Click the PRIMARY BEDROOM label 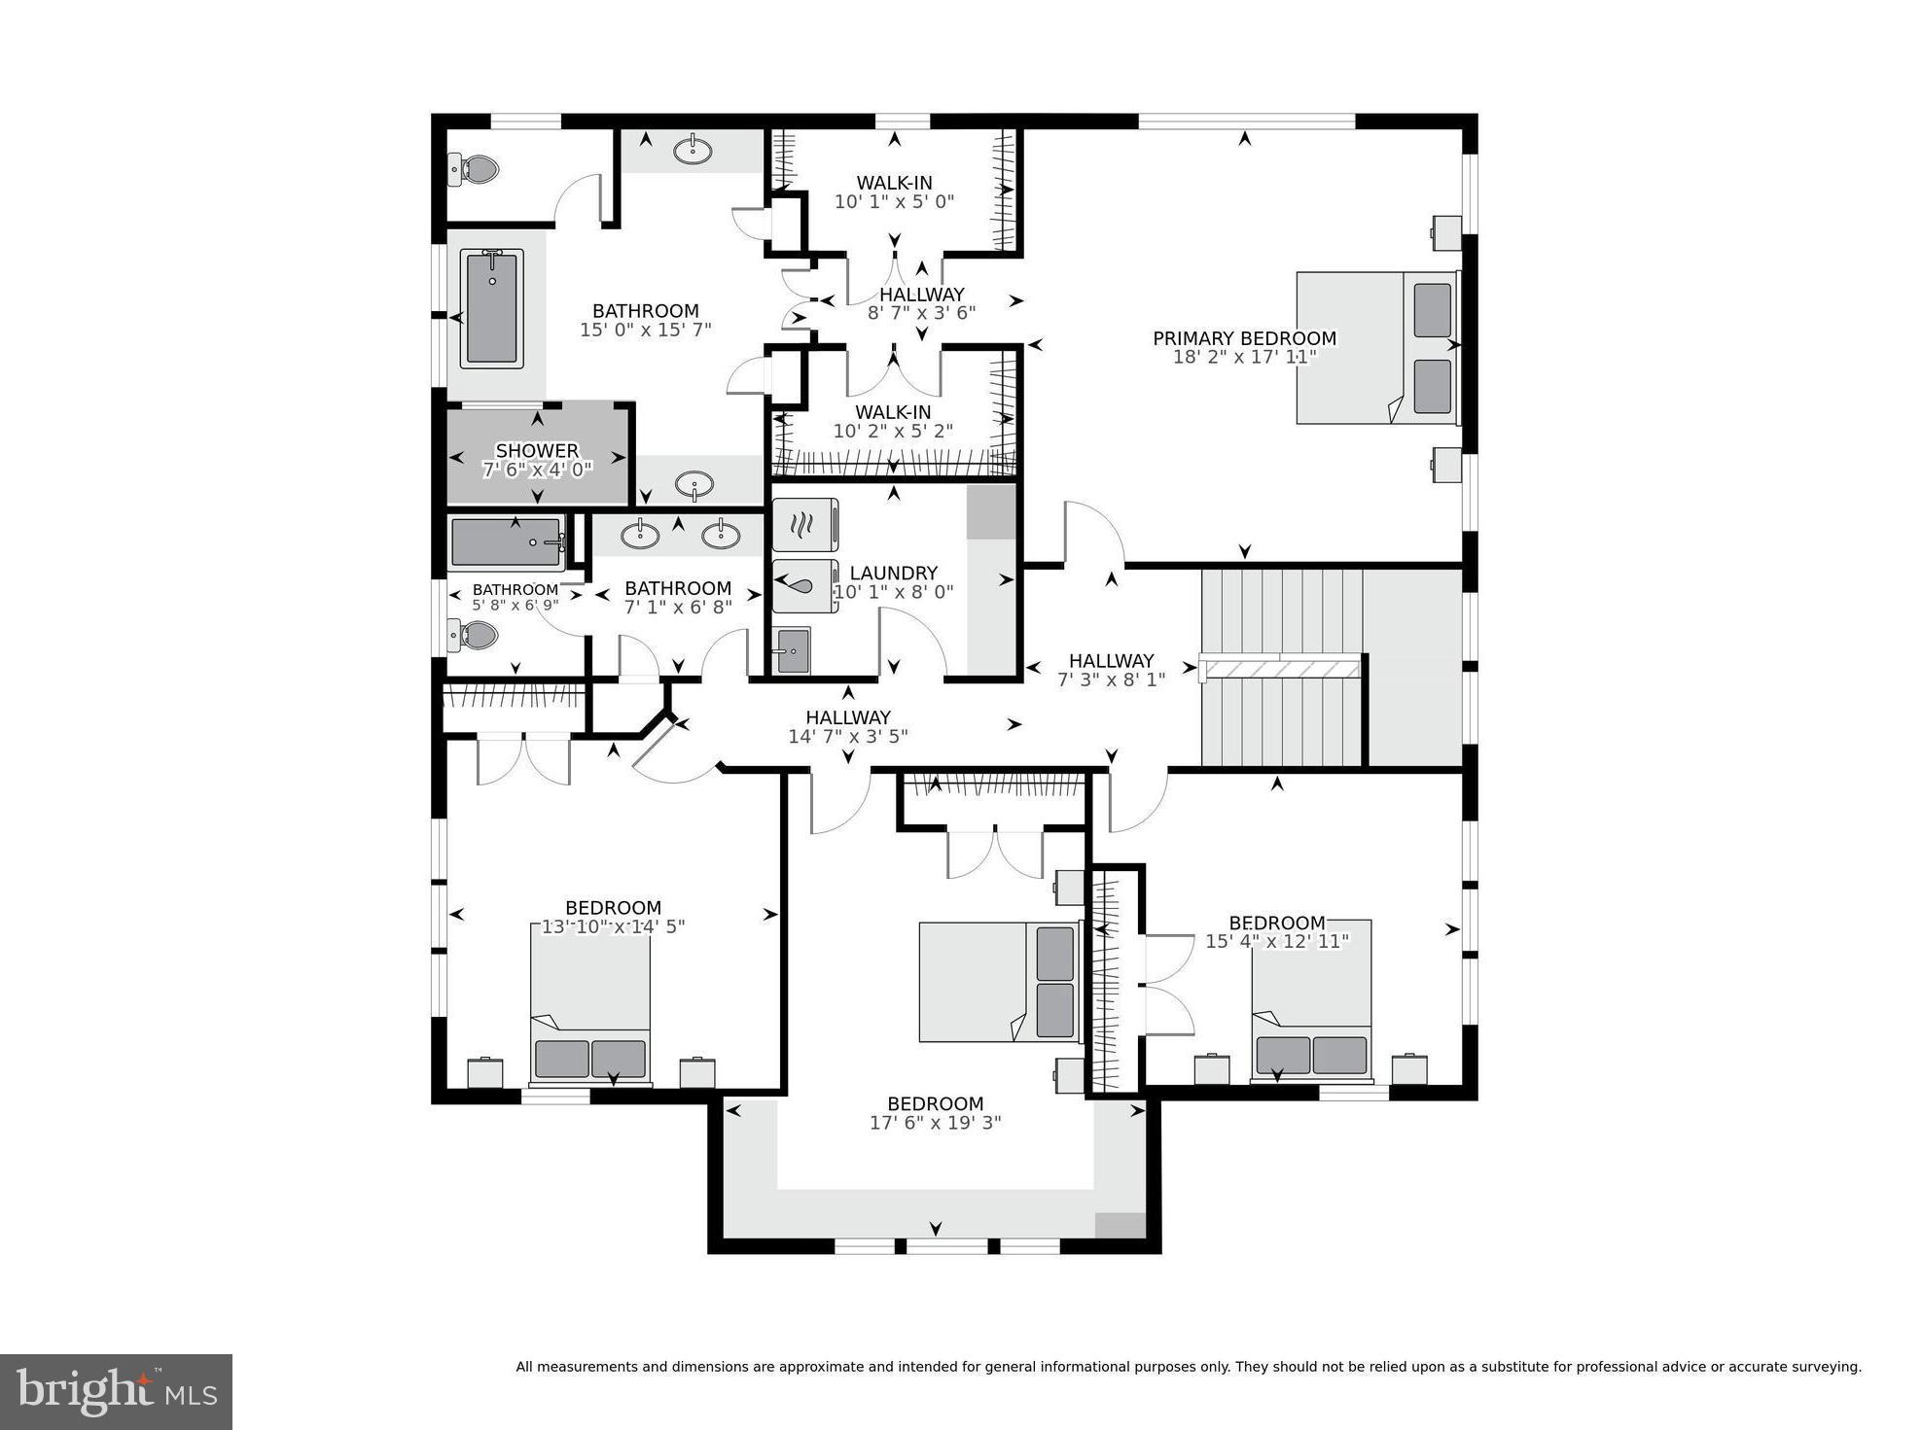[1244, 338]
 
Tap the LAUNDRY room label [893, 574]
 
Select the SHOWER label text [537, 451]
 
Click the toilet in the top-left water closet [474, 171]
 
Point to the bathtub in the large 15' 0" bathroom [492, 308]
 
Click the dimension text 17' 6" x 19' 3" [935, 1123]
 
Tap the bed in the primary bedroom [1376, 348]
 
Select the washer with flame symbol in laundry [804, 525]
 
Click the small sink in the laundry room [793, 650]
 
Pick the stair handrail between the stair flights [1281, 669]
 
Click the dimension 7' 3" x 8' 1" [1111, 680]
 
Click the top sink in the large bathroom [693, 151]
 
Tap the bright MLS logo [116, 1391]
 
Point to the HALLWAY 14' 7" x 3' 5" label [847, 727]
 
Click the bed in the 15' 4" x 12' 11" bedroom [1310, 1001]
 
